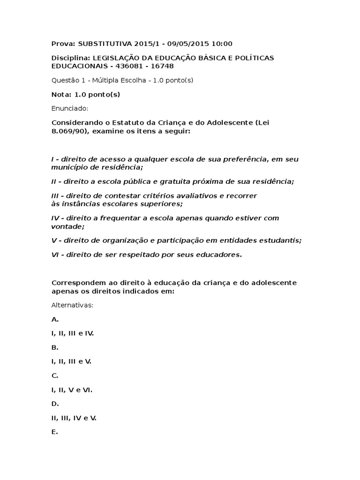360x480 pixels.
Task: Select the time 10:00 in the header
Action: [221, 44]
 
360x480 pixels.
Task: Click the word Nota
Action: [61, 94]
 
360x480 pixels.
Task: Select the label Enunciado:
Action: [69, 108]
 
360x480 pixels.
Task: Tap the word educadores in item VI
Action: [219, 255]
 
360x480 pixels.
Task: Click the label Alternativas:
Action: [72, 305]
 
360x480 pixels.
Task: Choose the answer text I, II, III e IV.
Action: [73, 333]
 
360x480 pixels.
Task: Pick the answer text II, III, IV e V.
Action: [74, 418]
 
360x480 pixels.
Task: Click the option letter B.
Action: [54, 347]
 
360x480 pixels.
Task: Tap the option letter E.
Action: [54, 432]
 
